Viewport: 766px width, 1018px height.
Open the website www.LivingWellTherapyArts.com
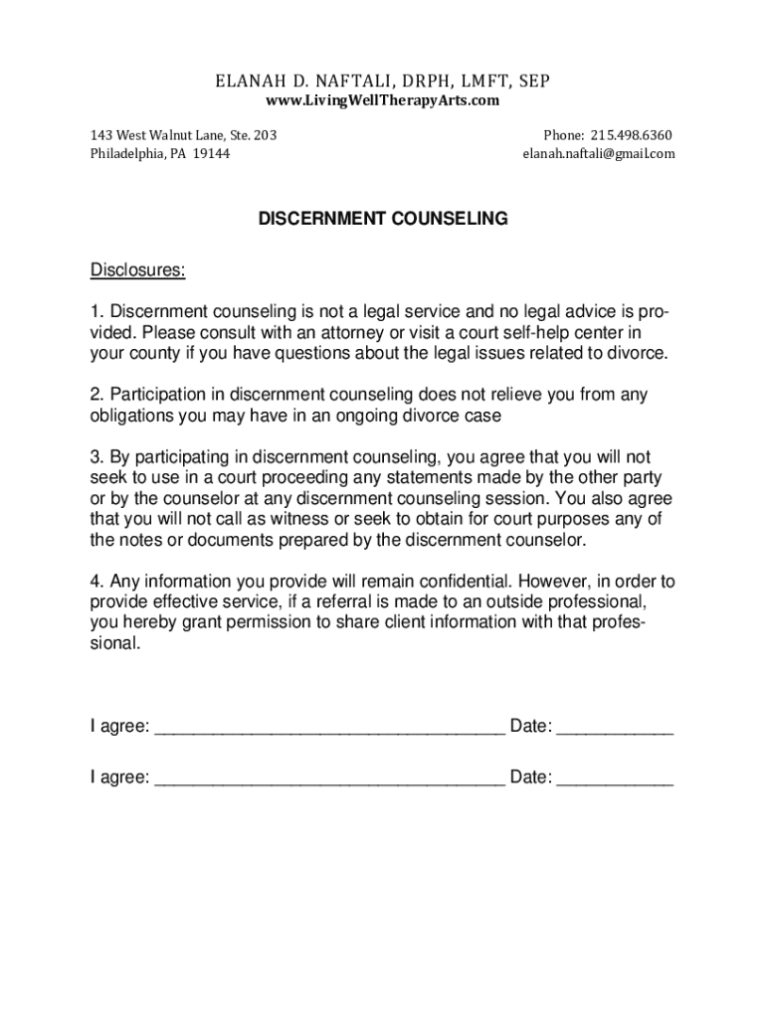click(x=382, y=101)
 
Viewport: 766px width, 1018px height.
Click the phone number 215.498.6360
click(x=631, y=135)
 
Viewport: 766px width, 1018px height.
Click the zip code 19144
click(x=211, y=154)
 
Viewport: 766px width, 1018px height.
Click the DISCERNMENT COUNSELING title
click(x=383, y=220)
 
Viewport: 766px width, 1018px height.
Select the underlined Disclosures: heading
click(x=138, y=270)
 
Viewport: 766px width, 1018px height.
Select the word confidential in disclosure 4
click(x=447, y=582)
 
